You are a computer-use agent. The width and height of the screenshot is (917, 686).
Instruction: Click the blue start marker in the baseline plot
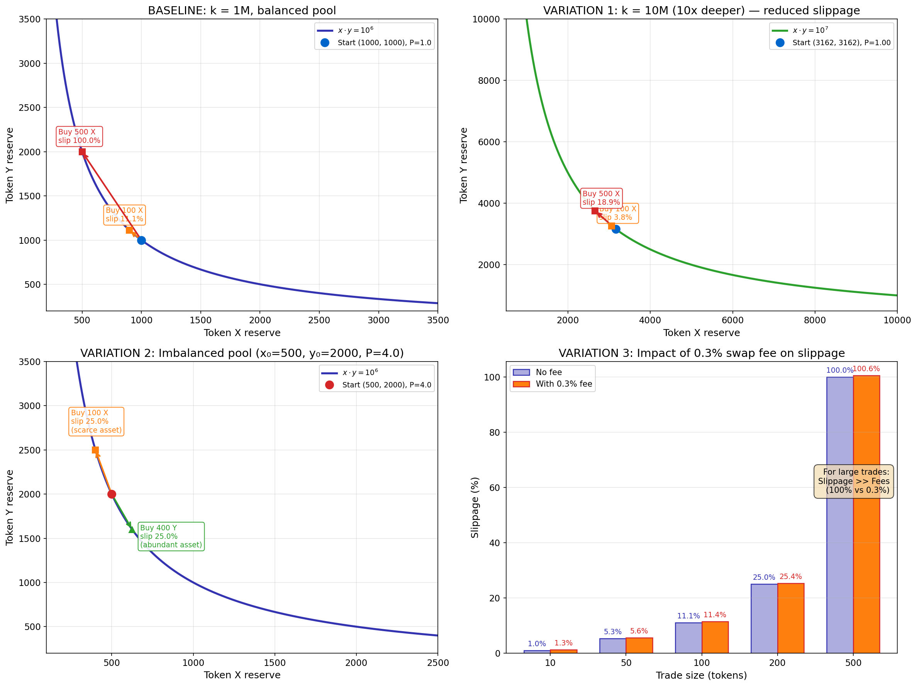(x=141, y=240)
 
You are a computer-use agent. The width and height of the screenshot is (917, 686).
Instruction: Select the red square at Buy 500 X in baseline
(x=82, y=152)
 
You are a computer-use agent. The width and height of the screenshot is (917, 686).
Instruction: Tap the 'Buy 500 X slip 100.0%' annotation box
(x=79, y=136)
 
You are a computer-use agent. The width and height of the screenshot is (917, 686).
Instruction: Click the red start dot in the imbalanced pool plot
(x=112, y=494)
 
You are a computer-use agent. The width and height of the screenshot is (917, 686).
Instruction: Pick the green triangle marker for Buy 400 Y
(x=132, y=530)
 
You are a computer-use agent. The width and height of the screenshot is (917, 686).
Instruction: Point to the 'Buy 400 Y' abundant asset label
(x=171, y=536)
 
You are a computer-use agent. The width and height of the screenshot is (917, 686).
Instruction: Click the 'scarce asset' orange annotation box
(x=96, y=421)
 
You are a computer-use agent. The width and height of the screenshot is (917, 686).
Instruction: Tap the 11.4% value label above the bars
(x=715, y=615)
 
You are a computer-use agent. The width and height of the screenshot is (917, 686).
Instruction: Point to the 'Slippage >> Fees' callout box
(x=854, y=481)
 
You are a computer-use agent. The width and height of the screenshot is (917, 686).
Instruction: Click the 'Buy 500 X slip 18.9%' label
(x=601, y=198)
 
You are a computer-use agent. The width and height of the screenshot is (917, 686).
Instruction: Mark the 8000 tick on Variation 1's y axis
(x=489, y=80)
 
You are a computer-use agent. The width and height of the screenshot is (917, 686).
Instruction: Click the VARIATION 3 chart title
(x=702, y=353)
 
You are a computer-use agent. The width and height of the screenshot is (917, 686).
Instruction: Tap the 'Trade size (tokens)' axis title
(x=701, y=675)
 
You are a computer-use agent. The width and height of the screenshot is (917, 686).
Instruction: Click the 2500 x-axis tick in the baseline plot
(x=319, y=320)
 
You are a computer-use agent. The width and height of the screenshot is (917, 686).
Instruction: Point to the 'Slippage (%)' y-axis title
(x=475, y=507)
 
